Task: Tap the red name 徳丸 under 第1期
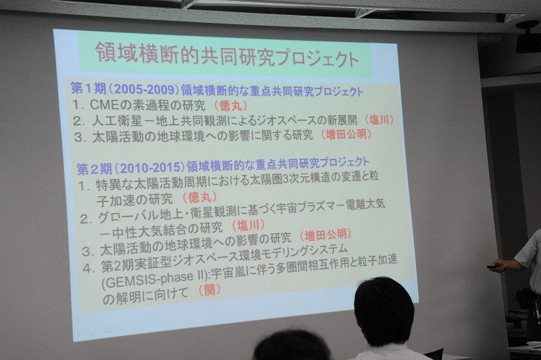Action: coord(231,106)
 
